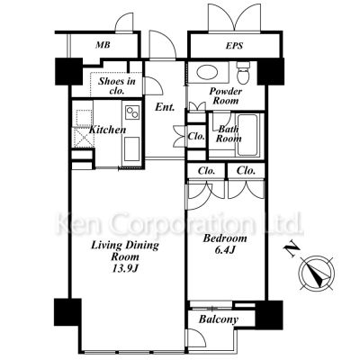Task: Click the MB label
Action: [103, 45]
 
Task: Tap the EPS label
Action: [234, 46]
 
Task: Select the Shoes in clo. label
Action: [117, 85]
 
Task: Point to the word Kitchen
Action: [108, 130]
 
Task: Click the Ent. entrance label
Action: [165, 107]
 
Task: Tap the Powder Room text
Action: [226, 95]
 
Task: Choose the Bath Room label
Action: [229, 134]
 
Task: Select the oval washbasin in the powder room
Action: [208, 73]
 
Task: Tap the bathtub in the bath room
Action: [247, 135]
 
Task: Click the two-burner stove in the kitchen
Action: [132, 112]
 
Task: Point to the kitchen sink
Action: [131, 149]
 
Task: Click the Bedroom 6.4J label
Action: [225, 244]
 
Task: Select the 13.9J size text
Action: [125, 268]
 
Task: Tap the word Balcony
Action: [219, 319]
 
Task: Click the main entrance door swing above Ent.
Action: [162, 44]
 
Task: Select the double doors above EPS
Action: [234, 17]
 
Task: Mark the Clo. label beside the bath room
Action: [196, 136]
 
